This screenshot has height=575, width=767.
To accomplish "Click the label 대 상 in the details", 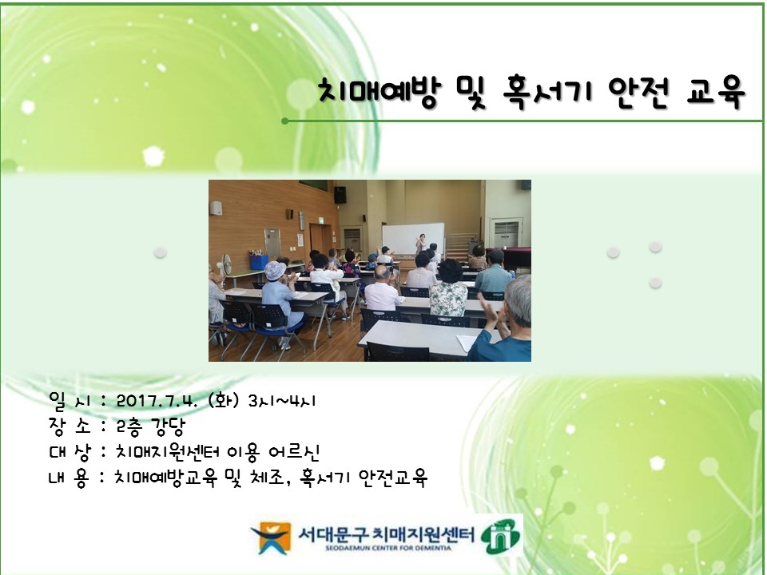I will click(x=66, y=452).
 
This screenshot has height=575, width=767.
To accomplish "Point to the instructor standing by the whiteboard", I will click(x=419, y=244).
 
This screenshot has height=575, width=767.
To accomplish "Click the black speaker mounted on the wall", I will click(x=340, y=194).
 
